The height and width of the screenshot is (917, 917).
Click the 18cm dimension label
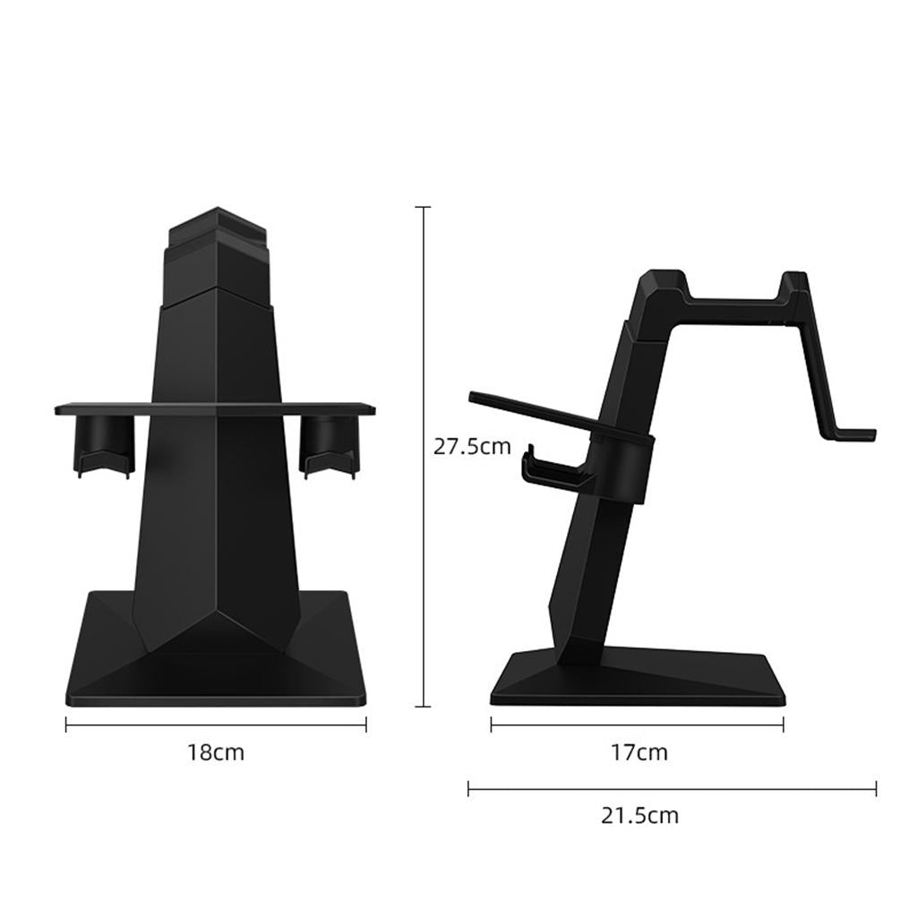(215, 752)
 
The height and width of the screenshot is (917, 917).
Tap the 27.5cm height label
(471, 446)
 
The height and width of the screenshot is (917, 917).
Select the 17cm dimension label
(639, 752)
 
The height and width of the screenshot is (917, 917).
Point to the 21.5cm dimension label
(639, 816)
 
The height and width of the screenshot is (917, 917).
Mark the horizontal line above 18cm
(216, 725)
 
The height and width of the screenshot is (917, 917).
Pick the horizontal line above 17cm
(637, 725)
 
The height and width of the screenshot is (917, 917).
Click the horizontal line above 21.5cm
(672, 789)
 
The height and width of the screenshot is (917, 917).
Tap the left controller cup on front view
(105, 443)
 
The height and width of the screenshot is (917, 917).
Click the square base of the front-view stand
(216, 663)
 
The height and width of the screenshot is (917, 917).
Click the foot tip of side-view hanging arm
(860, 436)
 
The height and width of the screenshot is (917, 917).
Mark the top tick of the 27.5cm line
(424, 207)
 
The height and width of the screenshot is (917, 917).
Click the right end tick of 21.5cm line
(876, 789)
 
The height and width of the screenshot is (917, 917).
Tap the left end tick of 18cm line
(66, 725)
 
